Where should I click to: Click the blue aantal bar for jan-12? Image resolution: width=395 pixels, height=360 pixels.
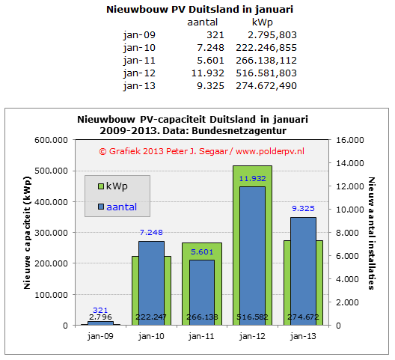pyautogui.click(x=252, y=256)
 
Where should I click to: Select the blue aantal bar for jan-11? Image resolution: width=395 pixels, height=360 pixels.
pyautogui.click(x=202, y=293)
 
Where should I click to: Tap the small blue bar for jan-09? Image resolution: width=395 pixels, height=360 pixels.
pyautogui.click(x=100, y=323)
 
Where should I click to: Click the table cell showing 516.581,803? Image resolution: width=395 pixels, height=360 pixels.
pyautogui.click(x=266, y=73)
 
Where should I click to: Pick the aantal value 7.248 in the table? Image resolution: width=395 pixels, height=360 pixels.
pyautogui.click(x=211, y=48)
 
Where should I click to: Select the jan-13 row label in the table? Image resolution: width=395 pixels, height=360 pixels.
pyautogui.click(x=139, y=86)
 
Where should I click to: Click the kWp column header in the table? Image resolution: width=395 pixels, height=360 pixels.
pyautogui.click(x=263, y=22)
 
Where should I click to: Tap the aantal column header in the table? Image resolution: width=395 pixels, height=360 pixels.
pyautogui.click(x=202, y=22)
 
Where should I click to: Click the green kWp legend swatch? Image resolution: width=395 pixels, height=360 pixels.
pyautogui.click(x=101, y=186)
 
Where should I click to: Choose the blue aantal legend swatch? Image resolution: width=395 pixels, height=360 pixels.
pyautogui.click(x=101, y=207)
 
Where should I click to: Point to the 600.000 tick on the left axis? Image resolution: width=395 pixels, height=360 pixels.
pyautogui.click(x=51, y=140)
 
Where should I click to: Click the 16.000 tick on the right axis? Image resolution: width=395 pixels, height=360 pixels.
pyautogui.click(x=350, y=140)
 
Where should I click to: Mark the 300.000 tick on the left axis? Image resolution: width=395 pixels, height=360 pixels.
pyautogui.click(x=51, y=233)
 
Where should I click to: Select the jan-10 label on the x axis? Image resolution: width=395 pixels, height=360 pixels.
pyautogui.click(x=151, y=336)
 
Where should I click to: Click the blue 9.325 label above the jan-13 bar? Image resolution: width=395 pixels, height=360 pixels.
pyautogui.click(x=303, y=209)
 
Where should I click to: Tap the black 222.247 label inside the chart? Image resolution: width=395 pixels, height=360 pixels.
pyautogui.click(x=151, y=317)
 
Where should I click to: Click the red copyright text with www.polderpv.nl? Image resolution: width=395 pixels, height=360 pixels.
pyautogui.click(x=201, y=151)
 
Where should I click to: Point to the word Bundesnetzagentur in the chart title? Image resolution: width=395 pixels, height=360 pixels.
pyautogui.click(x=239, y=131)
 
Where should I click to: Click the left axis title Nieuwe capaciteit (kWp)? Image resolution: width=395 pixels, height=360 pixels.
pyautogui.click(x=27, y=233)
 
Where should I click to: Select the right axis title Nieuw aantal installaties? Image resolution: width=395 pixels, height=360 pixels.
pyautogui.click(x=371, y=234)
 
